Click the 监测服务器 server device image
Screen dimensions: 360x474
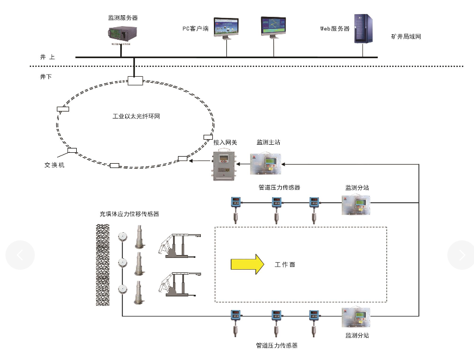click(x=123, y=34)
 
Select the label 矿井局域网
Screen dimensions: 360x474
click(x=406, y=36)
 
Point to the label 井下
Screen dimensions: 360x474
click(x=47, y=77)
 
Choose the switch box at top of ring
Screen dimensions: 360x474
click(x=135, y=81)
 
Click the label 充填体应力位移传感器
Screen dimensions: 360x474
click(x=129, y=214)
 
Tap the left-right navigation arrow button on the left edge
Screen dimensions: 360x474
click(x=20, y=255)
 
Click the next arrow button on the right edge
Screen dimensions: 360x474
click(x=461, y=255)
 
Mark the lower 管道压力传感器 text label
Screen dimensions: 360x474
click(x=276, y=345)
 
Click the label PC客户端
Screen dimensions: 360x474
click(x=195, y=28)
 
